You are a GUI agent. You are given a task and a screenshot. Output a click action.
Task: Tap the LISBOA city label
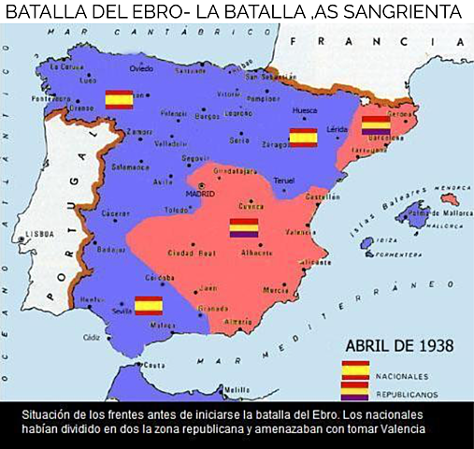41,233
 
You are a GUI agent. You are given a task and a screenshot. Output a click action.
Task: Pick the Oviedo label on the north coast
141,68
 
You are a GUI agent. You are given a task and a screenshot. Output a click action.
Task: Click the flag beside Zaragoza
303,138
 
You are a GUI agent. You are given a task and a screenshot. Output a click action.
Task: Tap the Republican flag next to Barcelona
376,125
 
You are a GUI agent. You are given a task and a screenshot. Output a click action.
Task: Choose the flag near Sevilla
149,305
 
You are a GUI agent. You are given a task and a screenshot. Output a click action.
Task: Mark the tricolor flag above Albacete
243,227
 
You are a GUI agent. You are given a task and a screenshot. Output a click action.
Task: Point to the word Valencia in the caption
403,429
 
